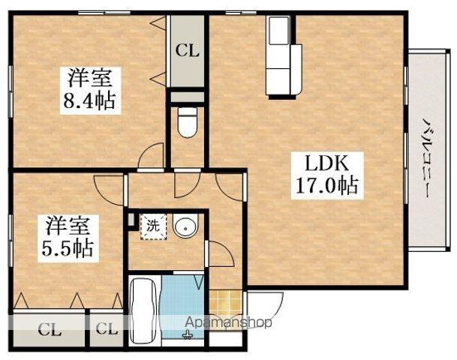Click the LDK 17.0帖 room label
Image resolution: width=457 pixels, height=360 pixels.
(x=327, y=175)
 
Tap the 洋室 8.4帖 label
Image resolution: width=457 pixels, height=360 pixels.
(x=90, y=90)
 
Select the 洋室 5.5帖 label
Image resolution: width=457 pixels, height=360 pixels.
(x=68, y=238)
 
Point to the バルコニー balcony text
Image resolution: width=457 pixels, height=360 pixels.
(x=425, y=158)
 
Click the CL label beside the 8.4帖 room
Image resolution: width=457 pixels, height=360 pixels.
(x=187, y=51)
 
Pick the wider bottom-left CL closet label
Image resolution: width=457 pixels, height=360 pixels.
(x=50, y=331)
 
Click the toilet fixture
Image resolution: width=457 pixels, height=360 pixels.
(x=187, y=122)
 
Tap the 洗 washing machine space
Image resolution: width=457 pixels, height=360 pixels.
(x=153, y=226)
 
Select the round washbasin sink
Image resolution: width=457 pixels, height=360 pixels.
(x=185, y=226)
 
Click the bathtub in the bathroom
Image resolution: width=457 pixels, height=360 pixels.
(x=145, y=310)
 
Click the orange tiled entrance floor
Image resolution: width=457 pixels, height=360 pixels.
(x=226, y=303)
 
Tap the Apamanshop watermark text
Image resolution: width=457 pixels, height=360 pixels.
(x=229, y=322)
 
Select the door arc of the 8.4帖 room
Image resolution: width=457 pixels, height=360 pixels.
(x=149, y=156)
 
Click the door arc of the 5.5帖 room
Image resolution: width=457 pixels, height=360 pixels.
(x=108, y=190)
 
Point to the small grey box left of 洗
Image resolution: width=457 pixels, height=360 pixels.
(x=131, y=220)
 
